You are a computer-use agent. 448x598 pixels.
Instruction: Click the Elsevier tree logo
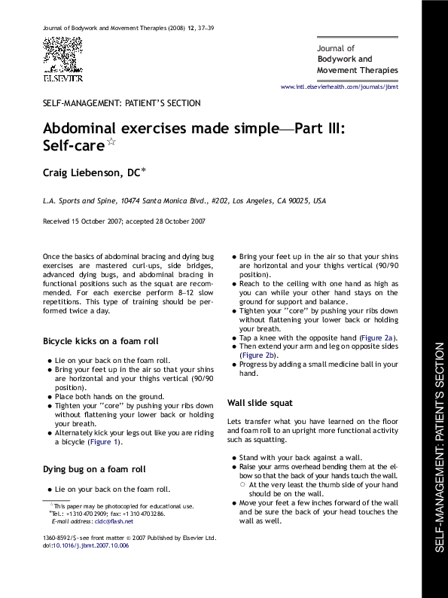[62, 55]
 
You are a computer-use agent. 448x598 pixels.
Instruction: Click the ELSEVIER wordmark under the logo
[62, 78]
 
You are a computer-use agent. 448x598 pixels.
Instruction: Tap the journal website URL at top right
[339, 87]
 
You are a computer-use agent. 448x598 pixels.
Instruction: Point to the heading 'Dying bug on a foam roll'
[94, 469]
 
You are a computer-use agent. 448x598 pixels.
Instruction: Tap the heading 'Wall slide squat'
[260, 403]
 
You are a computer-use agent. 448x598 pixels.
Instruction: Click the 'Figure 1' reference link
[105, 443]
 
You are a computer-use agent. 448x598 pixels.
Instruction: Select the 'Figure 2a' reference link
[379, 337]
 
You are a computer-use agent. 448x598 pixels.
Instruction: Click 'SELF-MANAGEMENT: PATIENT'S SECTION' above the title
[121, 102]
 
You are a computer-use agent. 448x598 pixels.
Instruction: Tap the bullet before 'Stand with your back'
[233, 457]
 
